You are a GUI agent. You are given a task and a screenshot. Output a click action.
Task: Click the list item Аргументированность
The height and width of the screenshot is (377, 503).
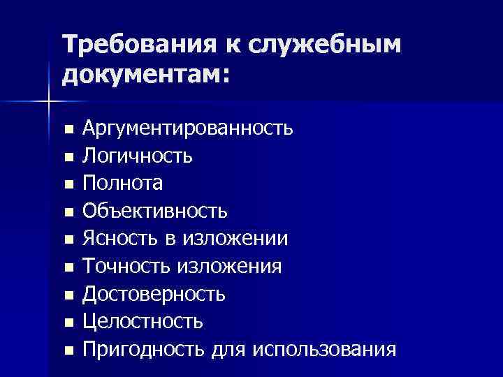tap(187, 128)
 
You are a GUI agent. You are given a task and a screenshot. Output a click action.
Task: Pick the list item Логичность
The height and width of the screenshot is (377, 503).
tap(138, 156)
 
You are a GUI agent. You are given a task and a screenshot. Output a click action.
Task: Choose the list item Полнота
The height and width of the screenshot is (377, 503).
tap(123, 183)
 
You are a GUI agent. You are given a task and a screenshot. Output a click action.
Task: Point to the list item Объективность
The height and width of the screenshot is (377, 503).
tap(154, 210)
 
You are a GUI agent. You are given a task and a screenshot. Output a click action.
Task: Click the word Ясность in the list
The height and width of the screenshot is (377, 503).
tap(120, 238)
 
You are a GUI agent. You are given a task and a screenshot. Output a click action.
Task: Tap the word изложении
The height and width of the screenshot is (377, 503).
tap(235, 238)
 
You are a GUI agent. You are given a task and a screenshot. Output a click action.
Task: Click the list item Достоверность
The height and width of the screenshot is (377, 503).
tap(154, 293)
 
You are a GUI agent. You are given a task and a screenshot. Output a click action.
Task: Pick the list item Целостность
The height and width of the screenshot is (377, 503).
tap(143, 320)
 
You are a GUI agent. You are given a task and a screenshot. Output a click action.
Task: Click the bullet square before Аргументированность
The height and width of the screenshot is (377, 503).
tap(68, 130)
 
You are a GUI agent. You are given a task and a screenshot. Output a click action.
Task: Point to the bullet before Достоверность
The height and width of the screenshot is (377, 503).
tap(68, 295)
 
